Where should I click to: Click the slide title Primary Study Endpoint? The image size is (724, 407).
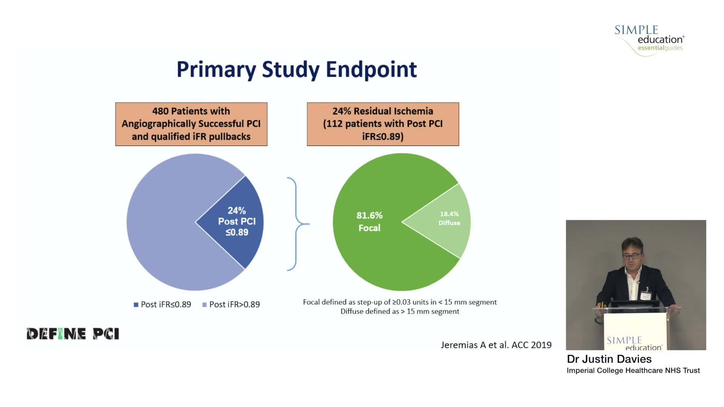coord(297,70)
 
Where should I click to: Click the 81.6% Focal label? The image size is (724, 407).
coord(369,222)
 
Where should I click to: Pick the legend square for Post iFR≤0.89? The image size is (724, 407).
coord(136,305)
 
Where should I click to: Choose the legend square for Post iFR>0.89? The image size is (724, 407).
coord(204,305)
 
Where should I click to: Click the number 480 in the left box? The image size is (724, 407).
coord(160,111)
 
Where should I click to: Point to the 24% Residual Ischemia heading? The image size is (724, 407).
coord(382,111)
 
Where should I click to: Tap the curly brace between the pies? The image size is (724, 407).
coord(297,224)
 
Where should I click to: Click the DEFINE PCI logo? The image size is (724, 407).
coord(73,334)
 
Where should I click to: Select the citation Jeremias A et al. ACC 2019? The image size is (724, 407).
coord(496,345)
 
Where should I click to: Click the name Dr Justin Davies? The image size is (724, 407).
coord(609,359)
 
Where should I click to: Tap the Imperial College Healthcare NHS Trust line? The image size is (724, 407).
coord(633,371)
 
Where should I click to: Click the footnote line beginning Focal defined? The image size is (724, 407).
coord(400,302)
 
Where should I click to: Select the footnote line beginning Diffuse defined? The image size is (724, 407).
coord(400,312)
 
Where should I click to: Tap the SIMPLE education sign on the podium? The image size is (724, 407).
coord(634,343)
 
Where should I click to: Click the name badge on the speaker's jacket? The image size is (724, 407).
coord(646,295)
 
